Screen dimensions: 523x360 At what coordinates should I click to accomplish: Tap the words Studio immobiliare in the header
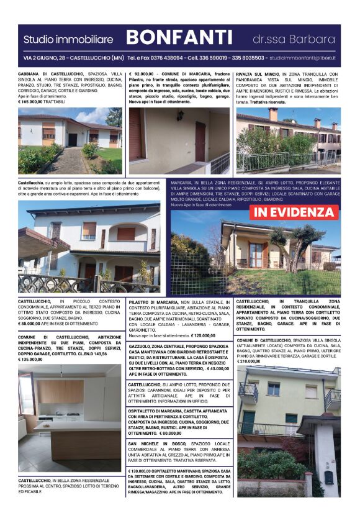pyautogui.click(x=68, y=39)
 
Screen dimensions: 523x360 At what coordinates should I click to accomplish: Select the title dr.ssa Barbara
pyautogui.click(x=294, y=39)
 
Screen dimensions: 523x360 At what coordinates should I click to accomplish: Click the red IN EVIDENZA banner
pyautogui.click(x=294, y=212)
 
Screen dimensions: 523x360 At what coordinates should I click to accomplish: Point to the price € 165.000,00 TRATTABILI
pyautogui.click(x=43, y=102)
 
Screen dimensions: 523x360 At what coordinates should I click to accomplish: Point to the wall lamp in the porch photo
pyautogui.click(x=180, y=116)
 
